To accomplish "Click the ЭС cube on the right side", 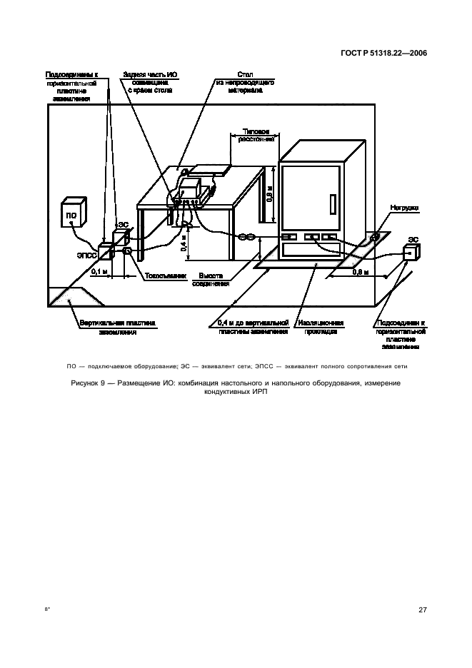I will point(411,253).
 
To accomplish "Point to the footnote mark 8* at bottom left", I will point(49,610).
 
